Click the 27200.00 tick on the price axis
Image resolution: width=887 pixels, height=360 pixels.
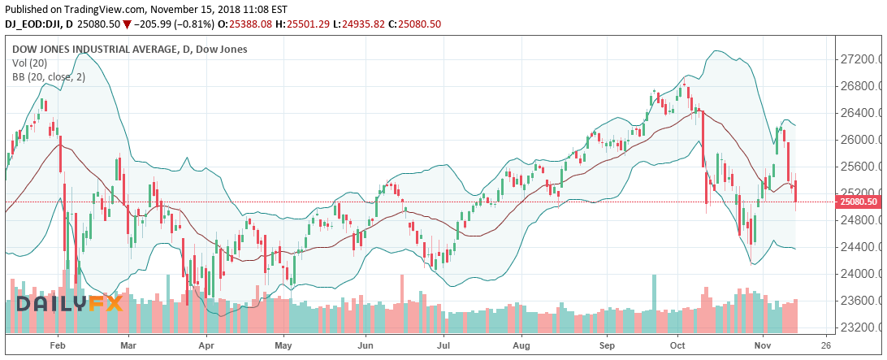[x=860, y=59]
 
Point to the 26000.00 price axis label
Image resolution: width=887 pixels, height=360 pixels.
[x=860, y=140]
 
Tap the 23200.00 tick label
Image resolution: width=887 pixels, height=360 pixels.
[x=860, y=327]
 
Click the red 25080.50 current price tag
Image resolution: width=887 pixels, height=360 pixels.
[x=857, y=202]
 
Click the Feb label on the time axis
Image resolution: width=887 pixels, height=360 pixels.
[x=58, y=344]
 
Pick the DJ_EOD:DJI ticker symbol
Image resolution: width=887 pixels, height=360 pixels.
[x=35, y=24]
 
